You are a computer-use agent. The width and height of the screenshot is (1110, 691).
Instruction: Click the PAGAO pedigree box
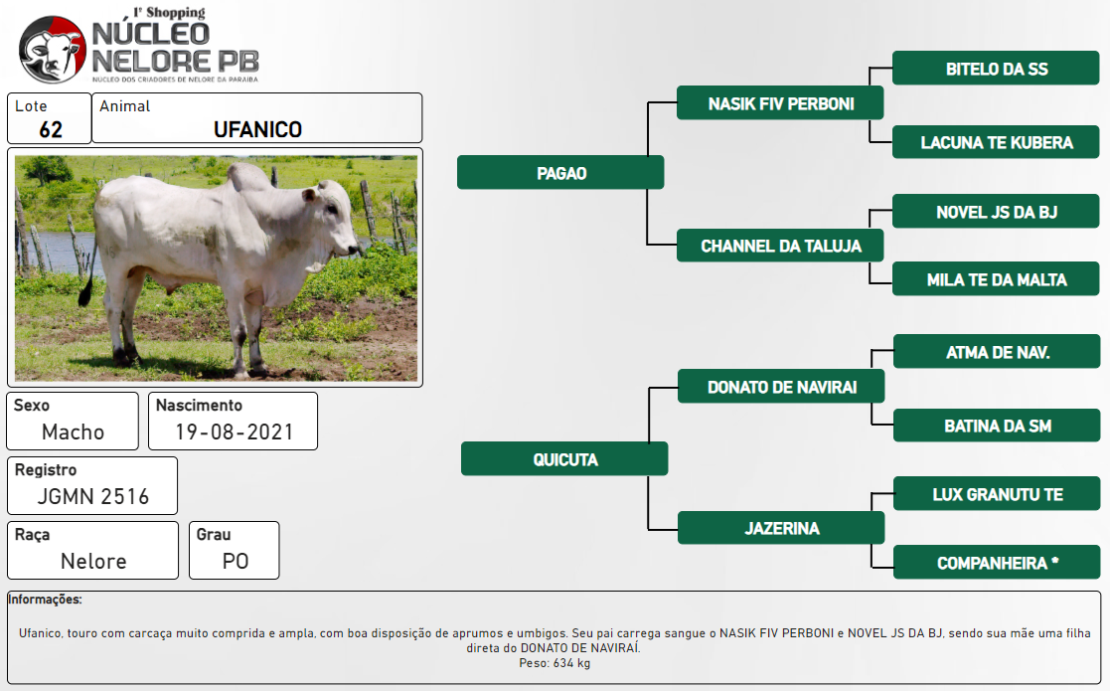pos(560,173)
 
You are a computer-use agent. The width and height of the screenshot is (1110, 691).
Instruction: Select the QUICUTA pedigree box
pos(564,458)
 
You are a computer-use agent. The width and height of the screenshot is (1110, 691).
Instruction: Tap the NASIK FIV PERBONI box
pos(780,103)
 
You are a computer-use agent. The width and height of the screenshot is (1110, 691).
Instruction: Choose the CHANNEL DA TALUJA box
pos(780,246)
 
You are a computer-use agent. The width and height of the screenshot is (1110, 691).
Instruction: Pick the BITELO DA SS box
pos(996,68)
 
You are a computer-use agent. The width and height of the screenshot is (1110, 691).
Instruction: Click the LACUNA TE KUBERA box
pos(996,141)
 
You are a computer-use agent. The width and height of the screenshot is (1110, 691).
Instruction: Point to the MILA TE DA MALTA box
pos(996,279)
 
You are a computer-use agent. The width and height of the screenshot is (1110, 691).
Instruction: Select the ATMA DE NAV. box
pos(997,352)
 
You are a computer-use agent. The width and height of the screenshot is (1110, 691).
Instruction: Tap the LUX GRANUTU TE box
pos(997,494)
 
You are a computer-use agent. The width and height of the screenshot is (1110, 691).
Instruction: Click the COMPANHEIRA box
pos(997,562)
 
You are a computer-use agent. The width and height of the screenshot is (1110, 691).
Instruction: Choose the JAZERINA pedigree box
pos(781,528)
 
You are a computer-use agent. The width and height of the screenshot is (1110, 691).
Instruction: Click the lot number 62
pos(51,129)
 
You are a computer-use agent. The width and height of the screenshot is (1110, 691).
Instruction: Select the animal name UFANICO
pos(257,129)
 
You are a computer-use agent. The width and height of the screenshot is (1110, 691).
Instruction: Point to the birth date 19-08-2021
pos(235,432)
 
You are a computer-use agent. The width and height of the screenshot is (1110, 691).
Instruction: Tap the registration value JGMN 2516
pos(93,496)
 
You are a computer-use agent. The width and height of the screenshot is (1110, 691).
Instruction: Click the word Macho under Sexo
pos(73,432)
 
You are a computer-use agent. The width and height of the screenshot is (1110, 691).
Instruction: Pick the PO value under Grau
pos(236,561)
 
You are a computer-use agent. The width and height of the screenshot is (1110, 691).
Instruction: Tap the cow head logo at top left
pos(53,50)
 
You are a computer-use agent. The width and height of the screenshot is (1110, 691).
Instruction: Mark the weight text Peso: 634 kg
pos(555,663)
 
